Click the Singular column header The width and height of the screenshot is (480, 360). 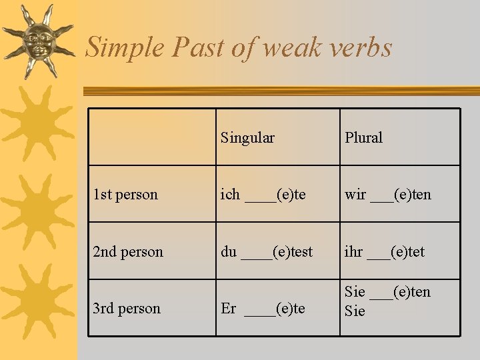(x=247, y=138)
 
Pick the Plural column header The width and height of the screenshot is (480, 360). (x=363, y=138)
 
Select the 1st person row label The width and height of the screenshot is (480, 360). (x=125, y=195)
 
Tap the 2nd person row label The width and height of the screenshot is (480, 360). (x=128, y=252)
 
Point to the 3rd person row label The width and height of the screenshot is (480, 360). (x=127, y=309)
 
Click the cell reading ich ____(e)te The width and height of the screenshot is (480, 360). (x=263, y=195)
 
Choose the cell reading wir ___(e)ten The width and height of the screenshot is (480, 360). (x=388, y=195)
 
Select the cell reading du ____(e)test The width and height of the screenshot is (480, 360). (x=267, y=252)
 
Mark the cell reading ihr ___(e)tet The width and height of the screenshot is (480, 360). (x=385, y=252)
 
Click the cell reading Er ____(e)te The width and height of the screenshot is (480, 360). (x=263, y=309)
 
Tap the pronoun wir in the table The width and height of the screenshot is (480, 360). (x=355, y=195)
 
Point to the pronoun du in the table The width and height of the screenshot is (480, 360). (x=229, y=252)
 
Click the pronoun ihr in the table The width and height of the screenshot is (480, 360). (x=354, y=252)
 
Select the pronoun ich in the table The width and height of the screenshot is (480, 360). (x=231, y=195)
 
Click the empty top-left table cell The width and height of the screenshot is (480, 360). (x=153, y=137)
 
